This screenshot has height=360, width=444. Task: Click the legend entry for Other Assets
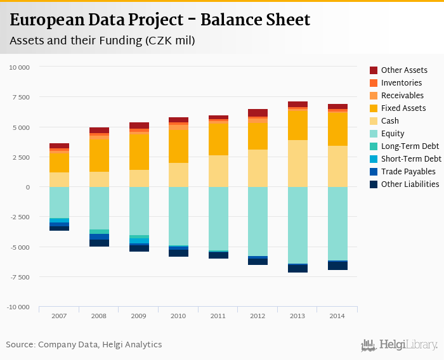[x=404, y=70]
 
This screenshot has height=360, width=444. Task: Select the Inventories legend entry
[x=401, y=83]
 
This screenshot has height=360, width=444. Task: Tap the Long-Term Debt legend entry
[x=410, y=146]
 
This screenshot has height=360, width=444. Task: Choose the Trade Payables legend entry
[x=408, y=172]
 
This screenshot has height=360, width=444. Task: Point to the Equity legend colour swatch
[x=374, y=134]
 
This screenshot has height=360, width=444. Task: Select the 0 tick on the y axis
[x=28, y=187]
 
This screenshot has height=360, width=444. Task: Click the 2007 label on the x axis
[x=59, y=315]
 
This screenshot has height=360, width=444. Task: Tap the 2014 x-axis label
[x=337, y=315]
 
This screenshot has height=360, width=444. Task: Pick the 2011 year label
[x=218, y=315]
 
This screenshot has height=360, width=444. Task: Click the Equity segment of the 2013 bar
[x=297, y=225]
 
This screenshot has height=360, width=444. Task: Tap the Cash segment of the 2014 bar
[x=337, y=166]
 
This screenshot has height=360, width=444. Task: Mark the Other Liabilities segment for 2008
[x=99, y=243]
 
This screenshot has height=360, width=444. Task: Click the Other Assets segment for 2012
[x=258, y=113]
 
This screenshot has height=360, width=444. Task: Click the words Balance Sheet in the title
[x=255, y=20]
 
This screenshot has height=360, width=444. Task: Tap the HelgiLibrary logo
[x=400, y=345]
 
